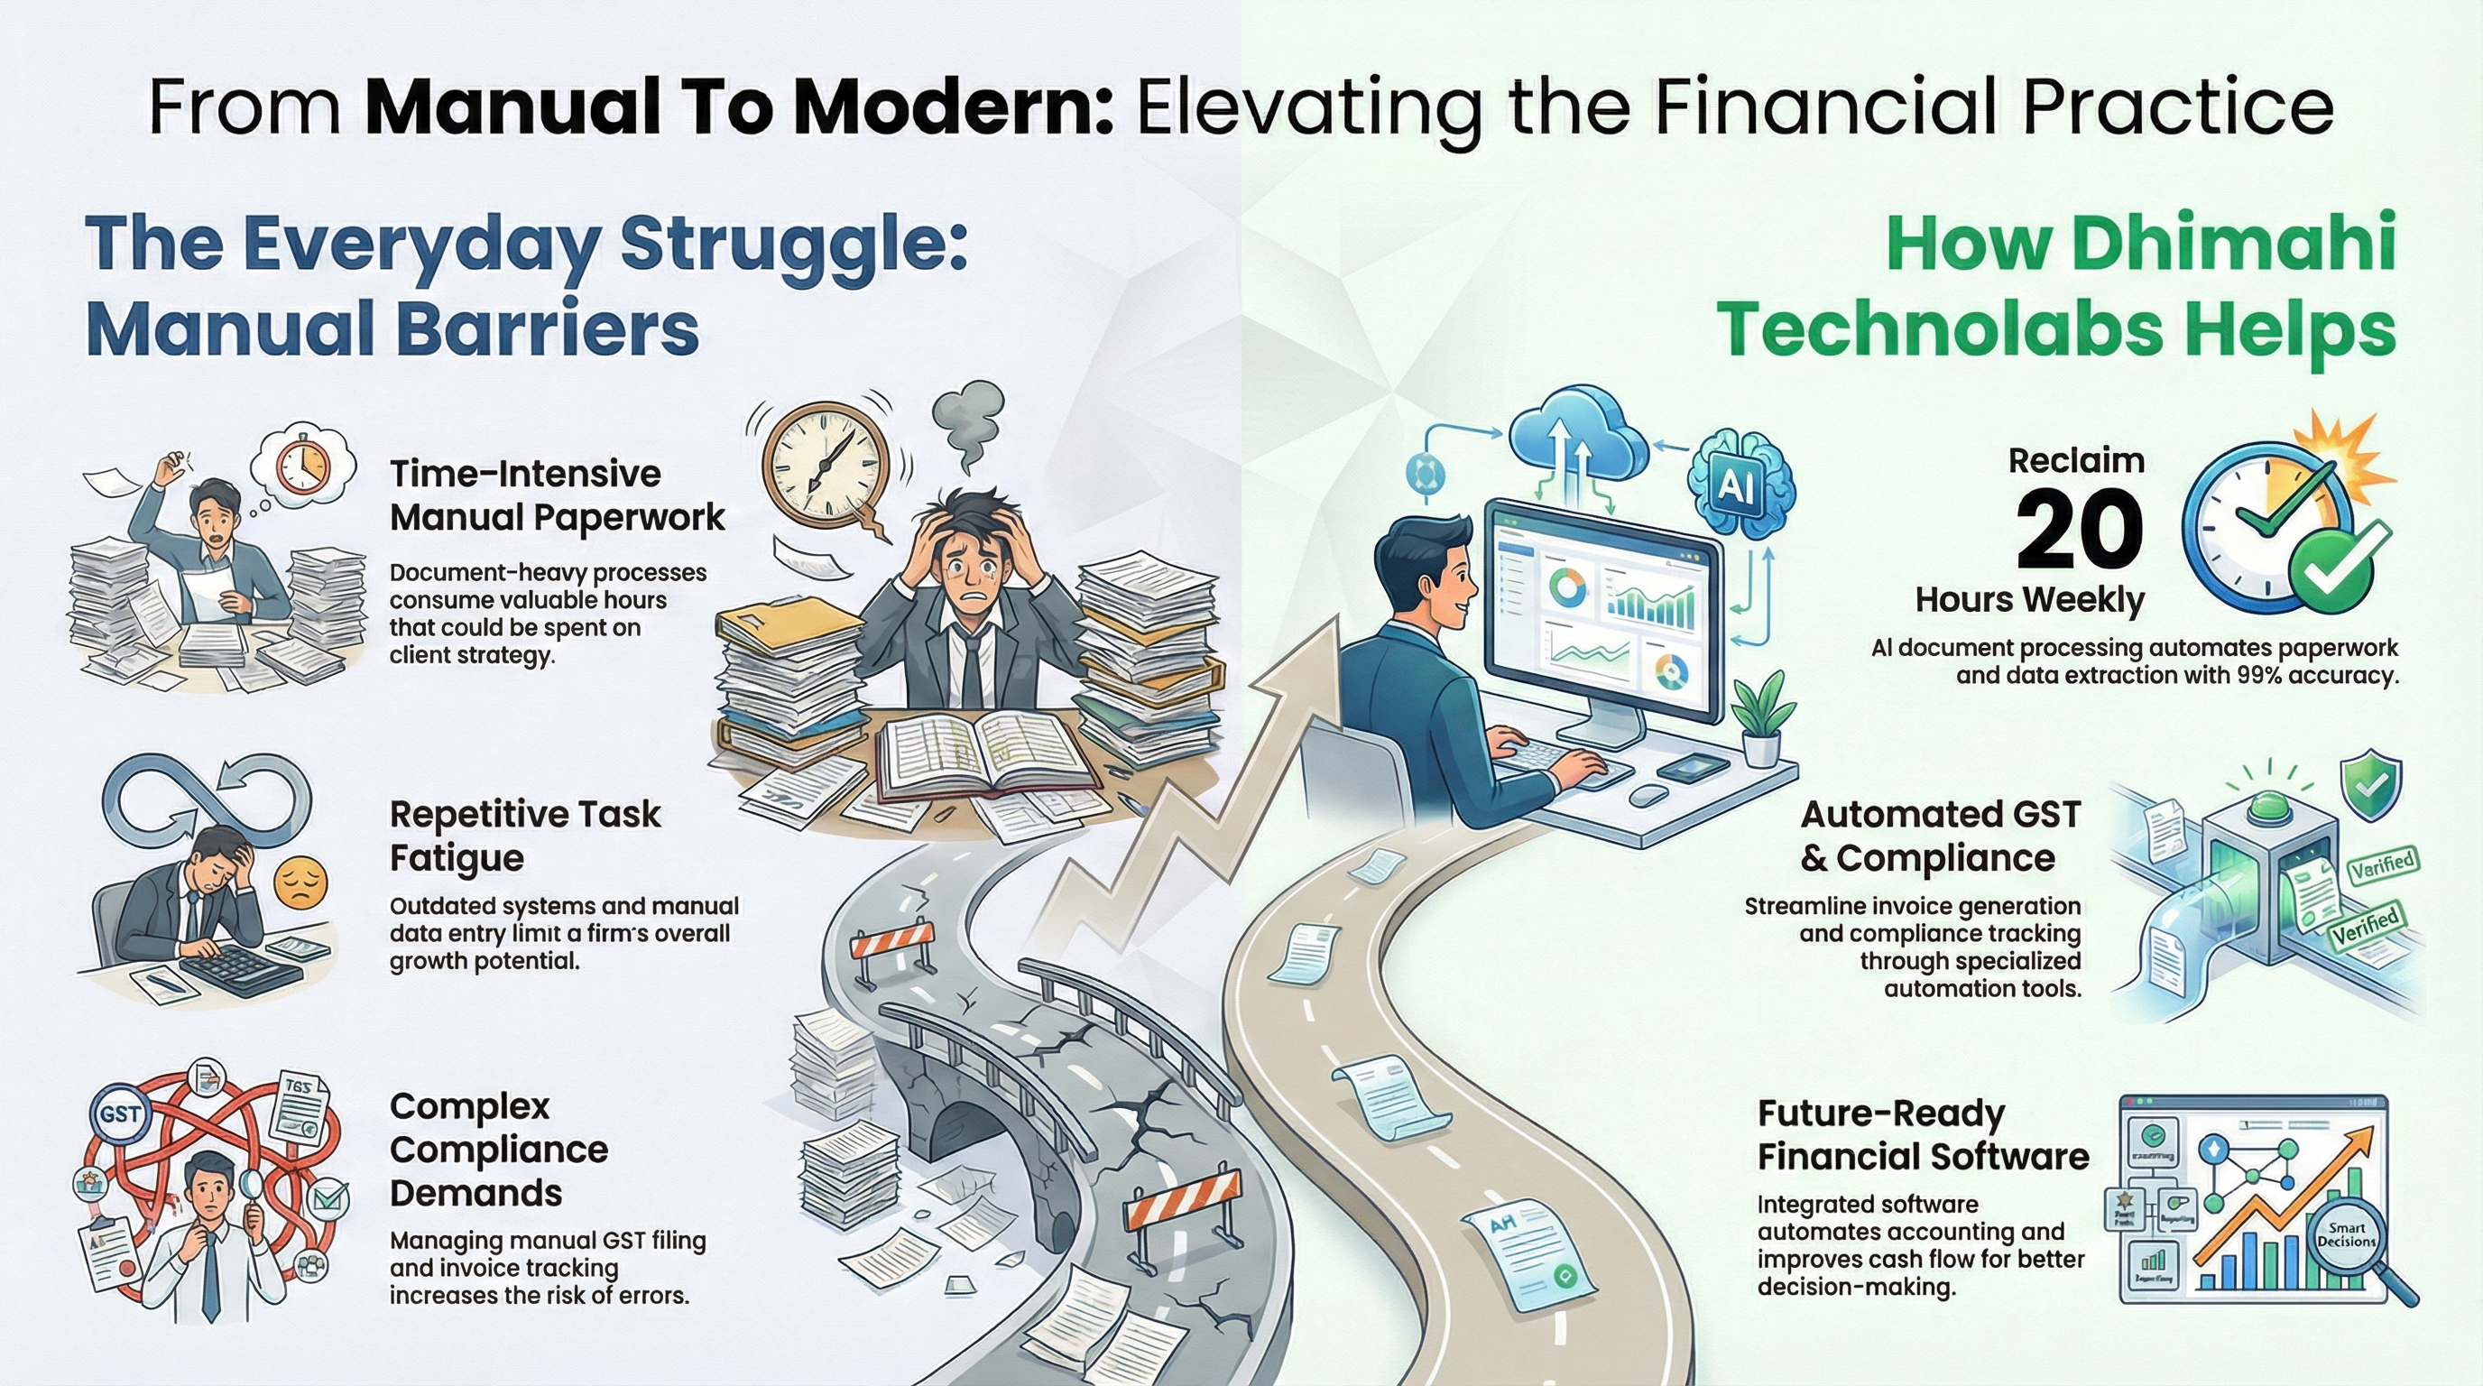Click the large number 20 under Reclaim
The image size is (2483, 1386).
(x=2080, y=529)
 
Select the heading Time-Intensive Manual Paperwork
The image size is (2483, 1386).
(x=556, y=495)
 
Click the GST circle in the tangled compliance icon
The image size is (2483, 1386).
(x=121, y=1114)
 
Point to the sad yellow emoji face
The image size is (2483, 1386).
(x=300, y=882)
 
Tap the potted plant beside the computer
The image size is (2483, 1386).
(x=1762, y=719)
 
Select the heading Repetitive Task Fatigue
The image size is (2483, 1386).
(x=524, y=836)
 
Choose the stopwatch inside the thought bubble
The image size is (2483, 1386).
(x=302, y=466)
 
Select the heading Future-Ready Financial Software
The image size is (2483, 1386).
(x=1922, y=1134)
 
